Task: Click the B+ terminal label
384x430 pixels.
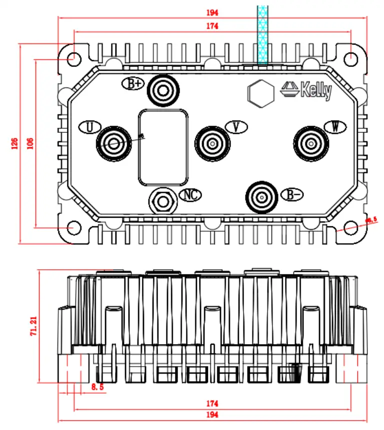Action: [133, 84]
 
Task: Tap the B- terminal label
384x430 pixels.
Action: [291, 195]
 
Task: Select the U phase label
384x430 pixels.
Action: [89, 127]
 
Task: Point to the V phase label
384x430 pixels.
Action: [237, 127]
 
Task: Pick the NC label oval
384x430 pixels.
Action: [190, 195]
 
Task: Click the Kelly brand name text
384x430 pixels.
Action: [316, 90]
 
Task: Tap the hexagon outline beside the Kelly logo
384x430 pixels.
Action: [260, 93]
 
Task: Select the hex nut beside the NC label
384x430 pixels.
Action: [162, 201]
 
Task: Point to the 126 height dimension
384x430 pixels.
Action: [14, 144]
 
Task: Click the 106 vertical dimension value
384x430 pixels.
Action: [30, 144]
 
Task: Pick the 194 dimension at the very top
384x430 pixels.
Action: [213, 12]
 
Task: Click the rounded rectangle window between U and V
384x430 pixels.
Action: [163, 147]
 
